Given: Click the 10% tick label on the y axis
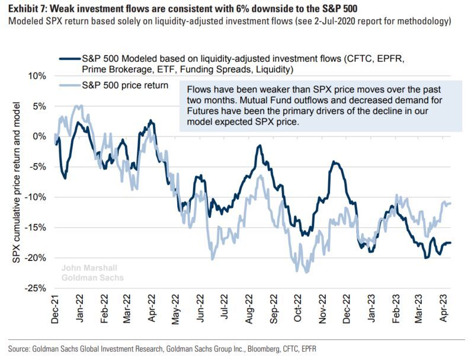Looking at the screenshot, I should tap(37, 76).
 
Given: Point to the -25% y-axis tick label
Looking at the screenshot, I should tap(36, 288).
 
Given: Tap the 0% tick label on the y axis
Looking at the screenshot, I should tap(39, 136).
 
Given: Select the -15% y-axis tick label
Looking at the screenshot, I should tap(36, 227).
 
